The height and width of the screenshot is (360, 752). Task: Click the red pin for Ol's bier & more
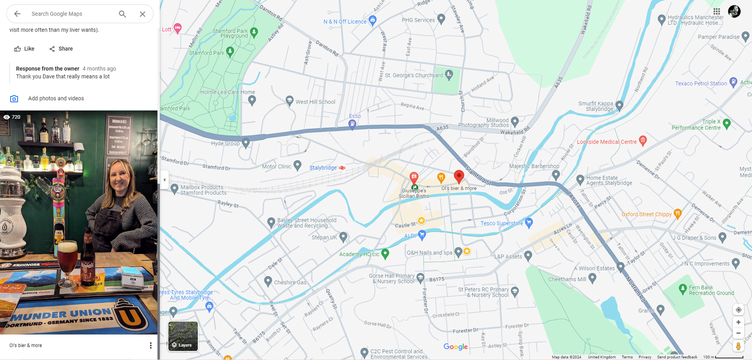pyautogui.click(x=459, y=176)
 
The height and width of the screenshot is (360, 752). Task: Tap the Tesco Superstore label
pyautogui.click(x=502, y=223)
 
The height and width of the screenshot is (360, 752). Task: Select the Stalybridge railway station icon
pyautogui.click(x=342, y=168)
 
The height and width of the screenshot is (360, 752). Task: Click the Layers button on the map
pyautogui.click(x=183, y=336)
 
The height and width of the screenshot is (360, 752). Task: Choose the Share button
pyautogui.click(x=61, y=49)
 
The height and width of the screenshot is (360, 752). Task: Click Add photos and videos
pyautogui.click(x=56, y=98)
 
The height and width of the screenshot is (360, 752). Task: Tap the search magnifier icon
pyautogui.click(x=122, y=14)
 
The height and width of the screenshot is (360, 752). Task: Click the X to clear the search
pyautogui.click(x=143, y=14)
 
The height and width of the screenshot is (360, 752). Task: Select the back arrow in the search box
pyautogui.click(x=17, y=14)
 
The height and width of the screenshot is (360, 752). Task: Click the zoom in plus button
pyautogui.click(x=738, y=322)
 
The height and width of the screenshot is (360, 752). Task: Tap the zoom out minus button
pyautogui.click(x=738, y=333)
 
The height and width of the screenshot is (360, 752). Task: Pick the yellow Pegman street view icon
pyautogui.click(x=738, y=346)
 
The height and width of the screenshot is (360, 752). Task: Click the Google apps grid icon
pyautogui.click(x=716, y=11)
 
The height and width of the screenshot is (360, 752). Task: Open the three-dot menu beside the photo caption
pyautogui.click(x=151, y=345)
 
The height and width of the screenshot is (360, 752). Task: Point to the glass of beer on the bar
pyautogui.click(x=67, y=260)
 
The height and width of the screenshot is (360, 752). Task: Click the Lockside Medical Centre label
pyautogui.click(x=607, y=142)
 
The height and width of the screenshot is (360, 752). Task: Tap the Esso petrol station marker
pyautogui.click(x=352, y=123)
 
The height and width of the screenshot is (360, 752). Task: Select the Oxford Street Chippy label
pyautogui.click(x=646, y=214)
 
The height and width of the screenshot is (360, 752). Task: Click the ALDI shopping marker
pyautogui.click(x=422, y=235)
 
